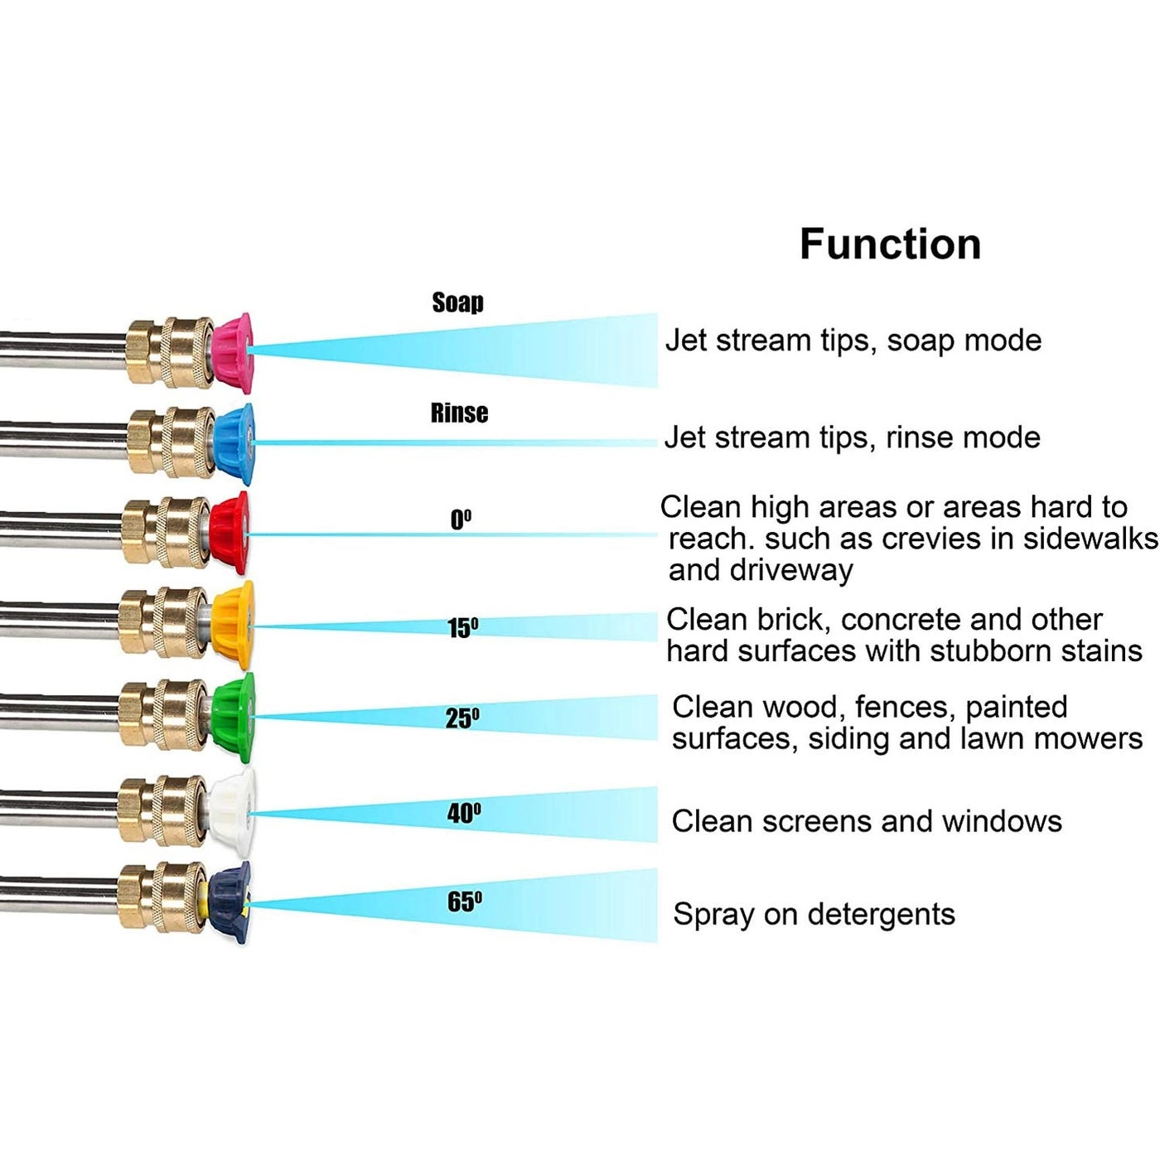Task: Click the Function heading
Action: point(890,244)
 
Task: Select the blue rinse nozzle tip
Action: point(234,444)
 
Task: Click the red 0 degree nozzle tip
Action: point(230,533)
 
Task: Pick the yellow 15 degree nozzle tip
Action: point(232,624)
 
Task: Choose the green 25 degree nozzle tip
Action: point(233,717)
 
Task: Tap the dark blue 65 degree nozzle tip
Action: point(230,902)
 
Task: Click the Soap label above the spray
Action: point(457,302)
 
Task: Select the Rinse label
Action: point(459,413)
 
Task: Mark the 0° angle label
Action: point(461,520)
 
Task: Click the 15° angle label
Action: point(462,628)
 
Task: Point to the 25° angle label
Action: point(462,718)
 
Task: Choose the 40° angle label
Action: point(464,814)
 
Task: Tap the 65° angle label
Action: point(464,901)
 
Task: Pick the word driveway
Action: point(791,571)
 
